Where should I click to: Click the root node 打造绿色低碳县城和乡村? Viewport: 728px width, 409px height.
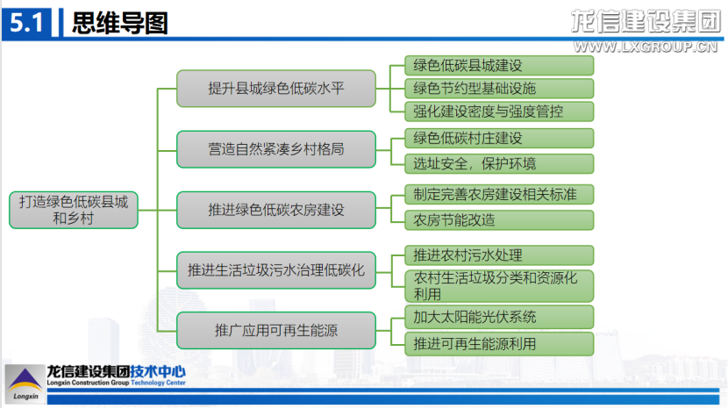(73, 210)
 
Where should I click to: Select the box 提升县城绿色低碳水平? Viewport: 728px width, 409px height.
(275, 89)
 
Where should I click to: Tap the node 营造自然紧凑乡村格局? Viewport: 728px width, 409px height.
(275, 149)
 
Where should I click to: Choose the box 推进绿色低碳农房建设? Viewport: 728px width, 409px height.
(275, 210)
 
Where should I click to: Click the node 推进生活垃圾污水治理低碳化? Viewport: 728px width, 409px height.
(275, 269)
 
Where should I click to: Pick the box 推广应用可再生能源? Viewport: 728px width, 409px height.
(275, 330)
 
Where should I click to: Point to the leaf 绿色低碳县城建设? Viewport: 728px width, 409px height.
(492, 66)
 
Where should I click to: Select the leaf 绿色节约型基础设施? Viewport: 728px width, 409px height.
(492, 89)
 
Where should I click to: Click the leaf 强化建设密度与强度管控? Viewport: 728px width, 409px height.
(492, 111)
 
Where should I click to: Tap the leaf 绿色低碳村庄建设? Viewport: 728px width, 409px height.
(492, 139)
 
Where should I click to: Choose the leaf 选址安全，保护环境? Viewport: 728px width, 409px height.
(492, 163)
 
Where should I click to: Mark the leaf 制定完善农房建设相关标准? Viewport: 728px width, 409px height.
(492, 195)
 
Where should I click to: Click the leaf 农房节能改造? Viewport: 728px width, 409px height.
(492, 220)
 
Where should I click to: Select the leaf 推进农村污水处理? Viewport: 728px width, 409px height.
(492, 255)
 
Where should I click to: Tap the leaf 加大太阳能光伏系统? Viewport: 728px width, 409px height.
(492, 317)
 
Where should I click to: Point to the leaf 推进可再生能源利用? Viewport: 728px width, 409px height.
(492, 343)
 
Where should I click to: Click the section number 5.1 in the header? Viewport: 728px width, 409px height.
(27, 23)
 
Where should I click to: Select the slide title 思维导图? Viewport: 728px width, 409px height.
(118, 23)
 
